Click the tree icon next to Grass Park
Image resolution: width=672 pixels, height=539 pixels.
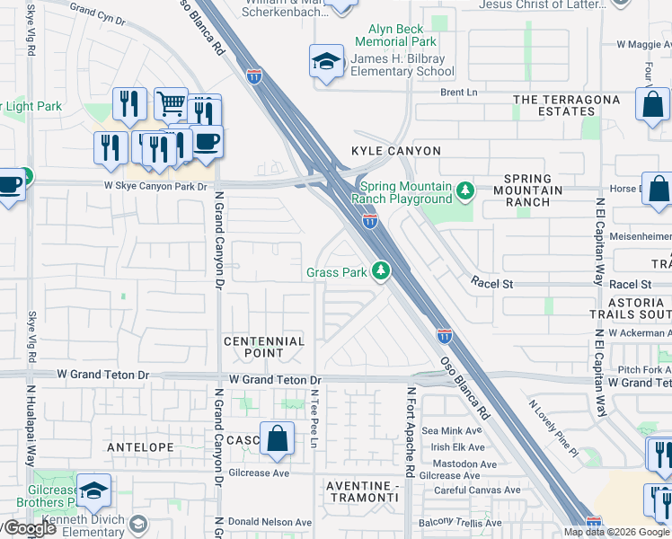tap(381, 270)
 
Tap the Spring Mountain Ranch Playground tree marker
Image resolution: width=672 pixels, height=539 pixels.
tap(464, 191)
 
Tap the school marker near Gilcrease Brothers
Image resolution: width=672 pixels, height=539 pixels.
tap(93, 490)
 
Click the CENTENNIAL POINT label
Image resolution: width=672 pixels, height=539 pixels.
tap(264, 348)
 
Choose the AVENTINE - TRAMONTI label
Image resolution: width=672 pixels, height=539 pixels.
tap(360, 491)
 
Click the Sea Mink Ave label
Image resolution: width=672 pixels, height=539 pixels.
tap(458, 432)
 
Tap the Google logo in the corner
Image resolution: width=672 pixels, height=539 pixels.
tap(29, 528)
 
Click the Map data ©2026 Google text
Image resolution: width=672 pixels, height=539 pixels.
tap(615, 532)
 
